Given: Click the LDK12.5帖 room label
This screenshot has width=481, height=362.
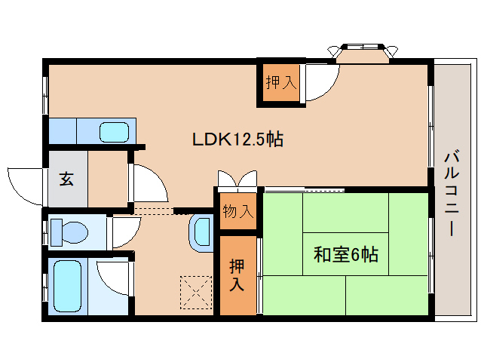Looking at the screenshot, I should [237, 139].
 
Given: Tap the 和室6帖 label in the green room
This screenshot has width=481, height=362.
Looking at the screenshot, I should [345, 254].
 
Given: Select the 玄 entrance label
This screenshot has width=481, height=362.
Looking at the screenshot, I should [66, 179].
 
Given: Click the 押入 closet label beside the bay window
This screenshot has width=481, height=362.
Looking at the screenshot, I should [280, 82].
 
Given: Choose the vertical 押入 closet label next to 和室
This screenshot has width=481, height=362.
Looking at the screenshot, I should [237, 275].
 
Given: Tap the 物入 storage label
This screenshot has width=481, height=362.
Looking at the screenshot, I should [237, 212].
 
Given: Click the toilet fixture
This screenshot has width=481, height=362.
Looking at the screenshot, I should [69, 232].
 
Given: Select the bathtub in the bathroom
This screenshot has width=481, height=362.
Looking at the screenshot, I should [67, 286].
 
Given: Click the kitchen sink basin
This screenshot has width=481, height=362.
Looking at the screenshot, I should [115, 132].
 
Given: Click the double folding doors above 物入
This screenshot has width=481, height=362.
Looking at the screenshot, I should [237, 181].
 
